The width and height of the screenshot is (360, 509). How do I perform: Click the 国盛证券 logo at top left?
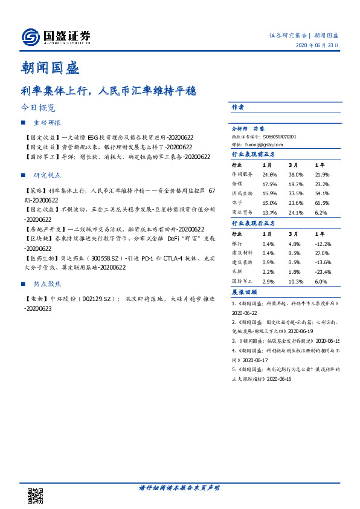pyautogui.click(x=56, y=37)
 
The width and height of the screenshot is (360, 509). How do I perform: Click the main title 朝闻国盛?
pyautogui.click(x=50, y=67)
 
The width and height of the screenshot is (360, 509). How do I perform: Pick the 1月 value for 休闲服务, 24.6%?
pyautogui.click(x=269, y=175)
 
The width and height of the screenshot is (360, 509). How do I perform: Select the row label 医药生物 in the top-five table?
pyautogui.click(x=242, y=193)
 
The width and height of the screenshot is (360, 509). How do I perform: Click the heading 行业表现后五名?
pyautogui.click(x=253, y=223)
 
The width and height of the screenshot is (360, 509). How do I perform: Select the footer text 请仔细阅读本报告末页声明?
pyautogui.click(x=179, y=487)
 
